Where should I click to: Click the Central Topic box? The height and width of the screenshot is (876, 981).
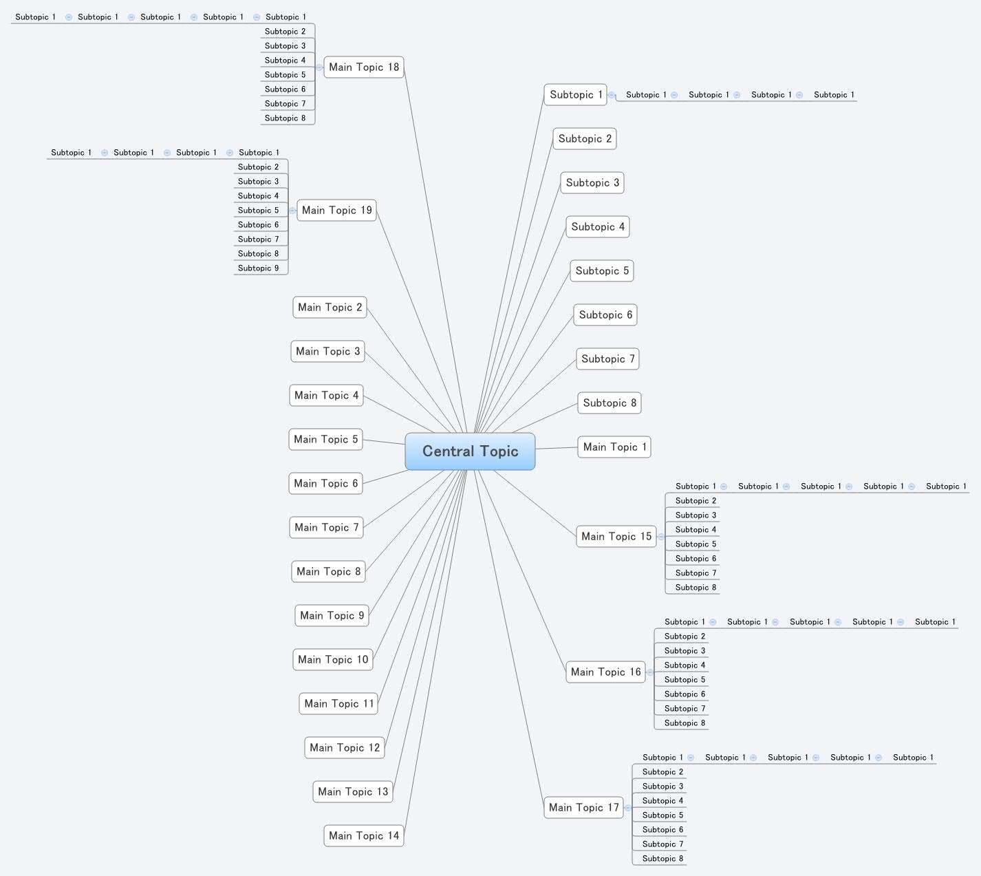[x=470, y=451]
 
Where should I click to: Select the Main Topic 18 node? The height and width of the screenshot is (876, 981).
[x=363, y=67]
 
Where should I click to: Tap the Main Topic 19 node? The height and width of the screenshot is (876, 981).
[x=336, y=211]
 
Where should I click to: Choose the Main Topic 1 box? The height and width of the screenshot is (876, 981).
[x=614, y=447]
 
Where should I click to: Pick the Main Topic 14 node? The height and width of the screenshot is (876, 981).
[x=363, y=836]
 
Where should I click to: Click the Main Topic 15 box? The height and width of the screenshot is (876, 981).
[x=616, y=537]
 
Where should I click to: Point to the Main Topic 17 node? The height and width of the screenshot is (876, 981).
[x=583, y=808]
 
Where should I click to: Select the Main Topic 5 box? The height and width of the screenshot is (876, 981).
[x=325, y=440]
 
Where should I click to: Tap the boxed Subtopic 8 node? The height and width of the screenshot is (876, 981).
[x=609, y=403]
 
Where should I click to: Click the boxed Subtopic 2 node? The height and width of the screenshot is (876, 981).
[x=584, y=139]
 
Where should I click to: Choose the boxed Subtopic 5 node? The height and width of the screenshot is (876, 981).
[x=601, y=271]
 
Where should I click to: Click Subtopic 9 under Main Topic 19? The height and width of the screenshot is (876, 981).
[x=259, y=268]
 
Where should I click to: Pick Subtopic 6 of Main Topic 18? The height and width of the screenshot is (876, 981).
[x=285, y=89]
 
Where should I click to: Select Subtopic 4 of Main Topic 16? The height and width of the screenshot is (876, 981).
[x=684, y=665]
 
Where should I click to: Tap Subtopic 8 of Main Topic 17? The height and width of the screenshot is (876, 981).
[x=662, y=859]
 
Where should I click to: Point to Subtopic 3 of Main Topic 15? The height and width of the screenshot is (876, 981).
[x=696, y=515]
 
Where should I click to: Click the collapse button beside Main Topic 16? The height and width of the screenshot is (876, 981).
[x=650, y=672]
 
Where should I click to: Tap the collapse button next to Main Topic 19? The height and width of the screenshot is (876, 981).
[x=292, y=211]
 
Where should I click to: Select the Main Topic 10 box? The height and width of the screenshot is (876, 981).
[x=332, y=660]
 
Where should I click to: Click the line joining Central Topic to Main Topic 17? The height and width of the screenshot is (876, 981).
[x=509, y=640]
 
